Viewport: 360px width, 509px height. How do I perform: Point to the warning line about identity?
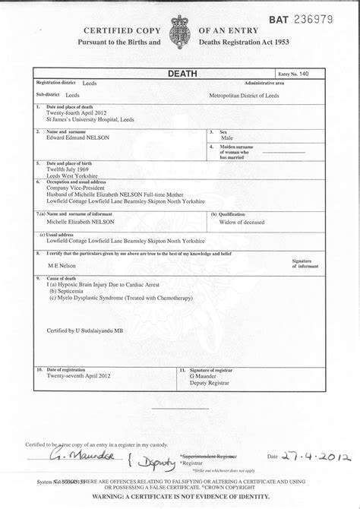coord(180,497)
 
